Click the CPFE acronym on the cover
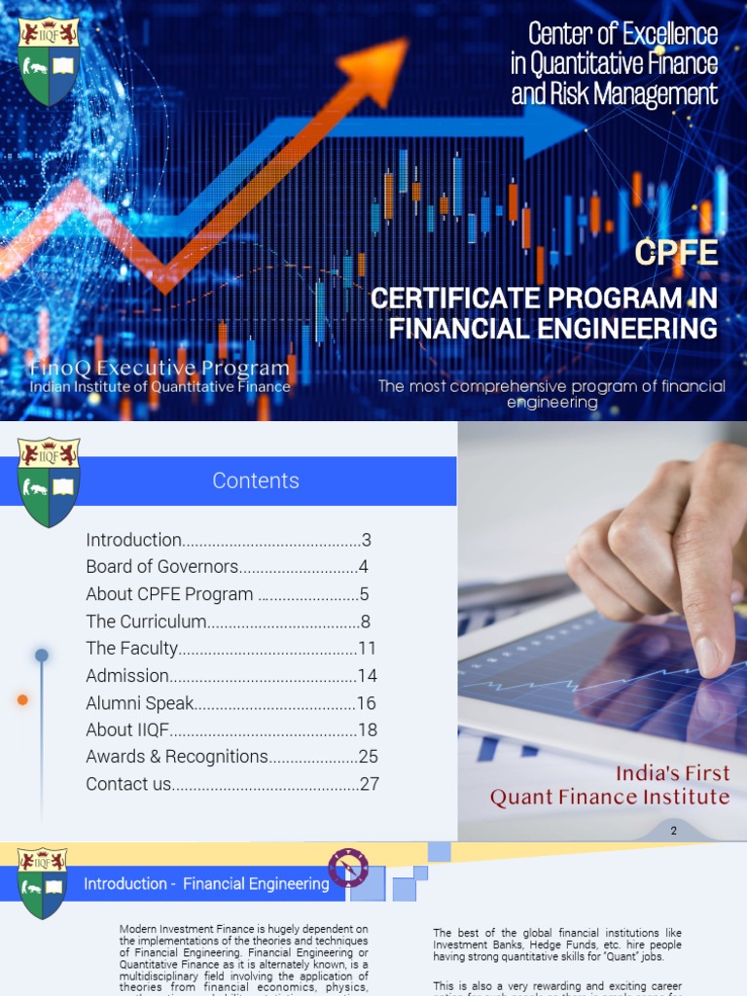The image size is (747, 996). (x=676, y=253)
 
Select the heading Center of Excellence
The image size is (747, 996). (x=622, y=34)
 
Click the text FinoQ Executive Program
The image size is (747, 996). (x=160, y=369)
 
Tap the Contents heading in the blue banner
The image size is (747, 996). (x=256, y=480)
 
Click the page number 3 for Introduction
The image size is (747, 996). (x=367, y=540)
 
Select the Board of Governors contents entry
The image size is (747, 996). (x=161, y=567)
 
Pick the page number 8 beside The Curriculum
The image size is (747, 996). (x=365, y=622)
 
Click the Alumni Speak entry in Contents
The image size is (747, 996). (x=140, y=703)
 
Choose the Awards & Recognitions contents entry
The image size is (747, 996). (x=176, y=757)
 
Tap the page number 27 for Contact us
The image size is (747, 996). (x=369, y=784)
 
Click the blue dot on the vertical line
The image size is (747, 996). (x=42, y=656)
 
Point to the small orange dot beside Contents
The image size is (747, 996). (x=22, y=699)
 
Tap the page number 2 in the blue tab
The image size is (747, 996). (x=673, y=831)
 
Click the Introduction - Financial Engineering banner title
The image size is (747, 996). (x=206, y=884)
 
